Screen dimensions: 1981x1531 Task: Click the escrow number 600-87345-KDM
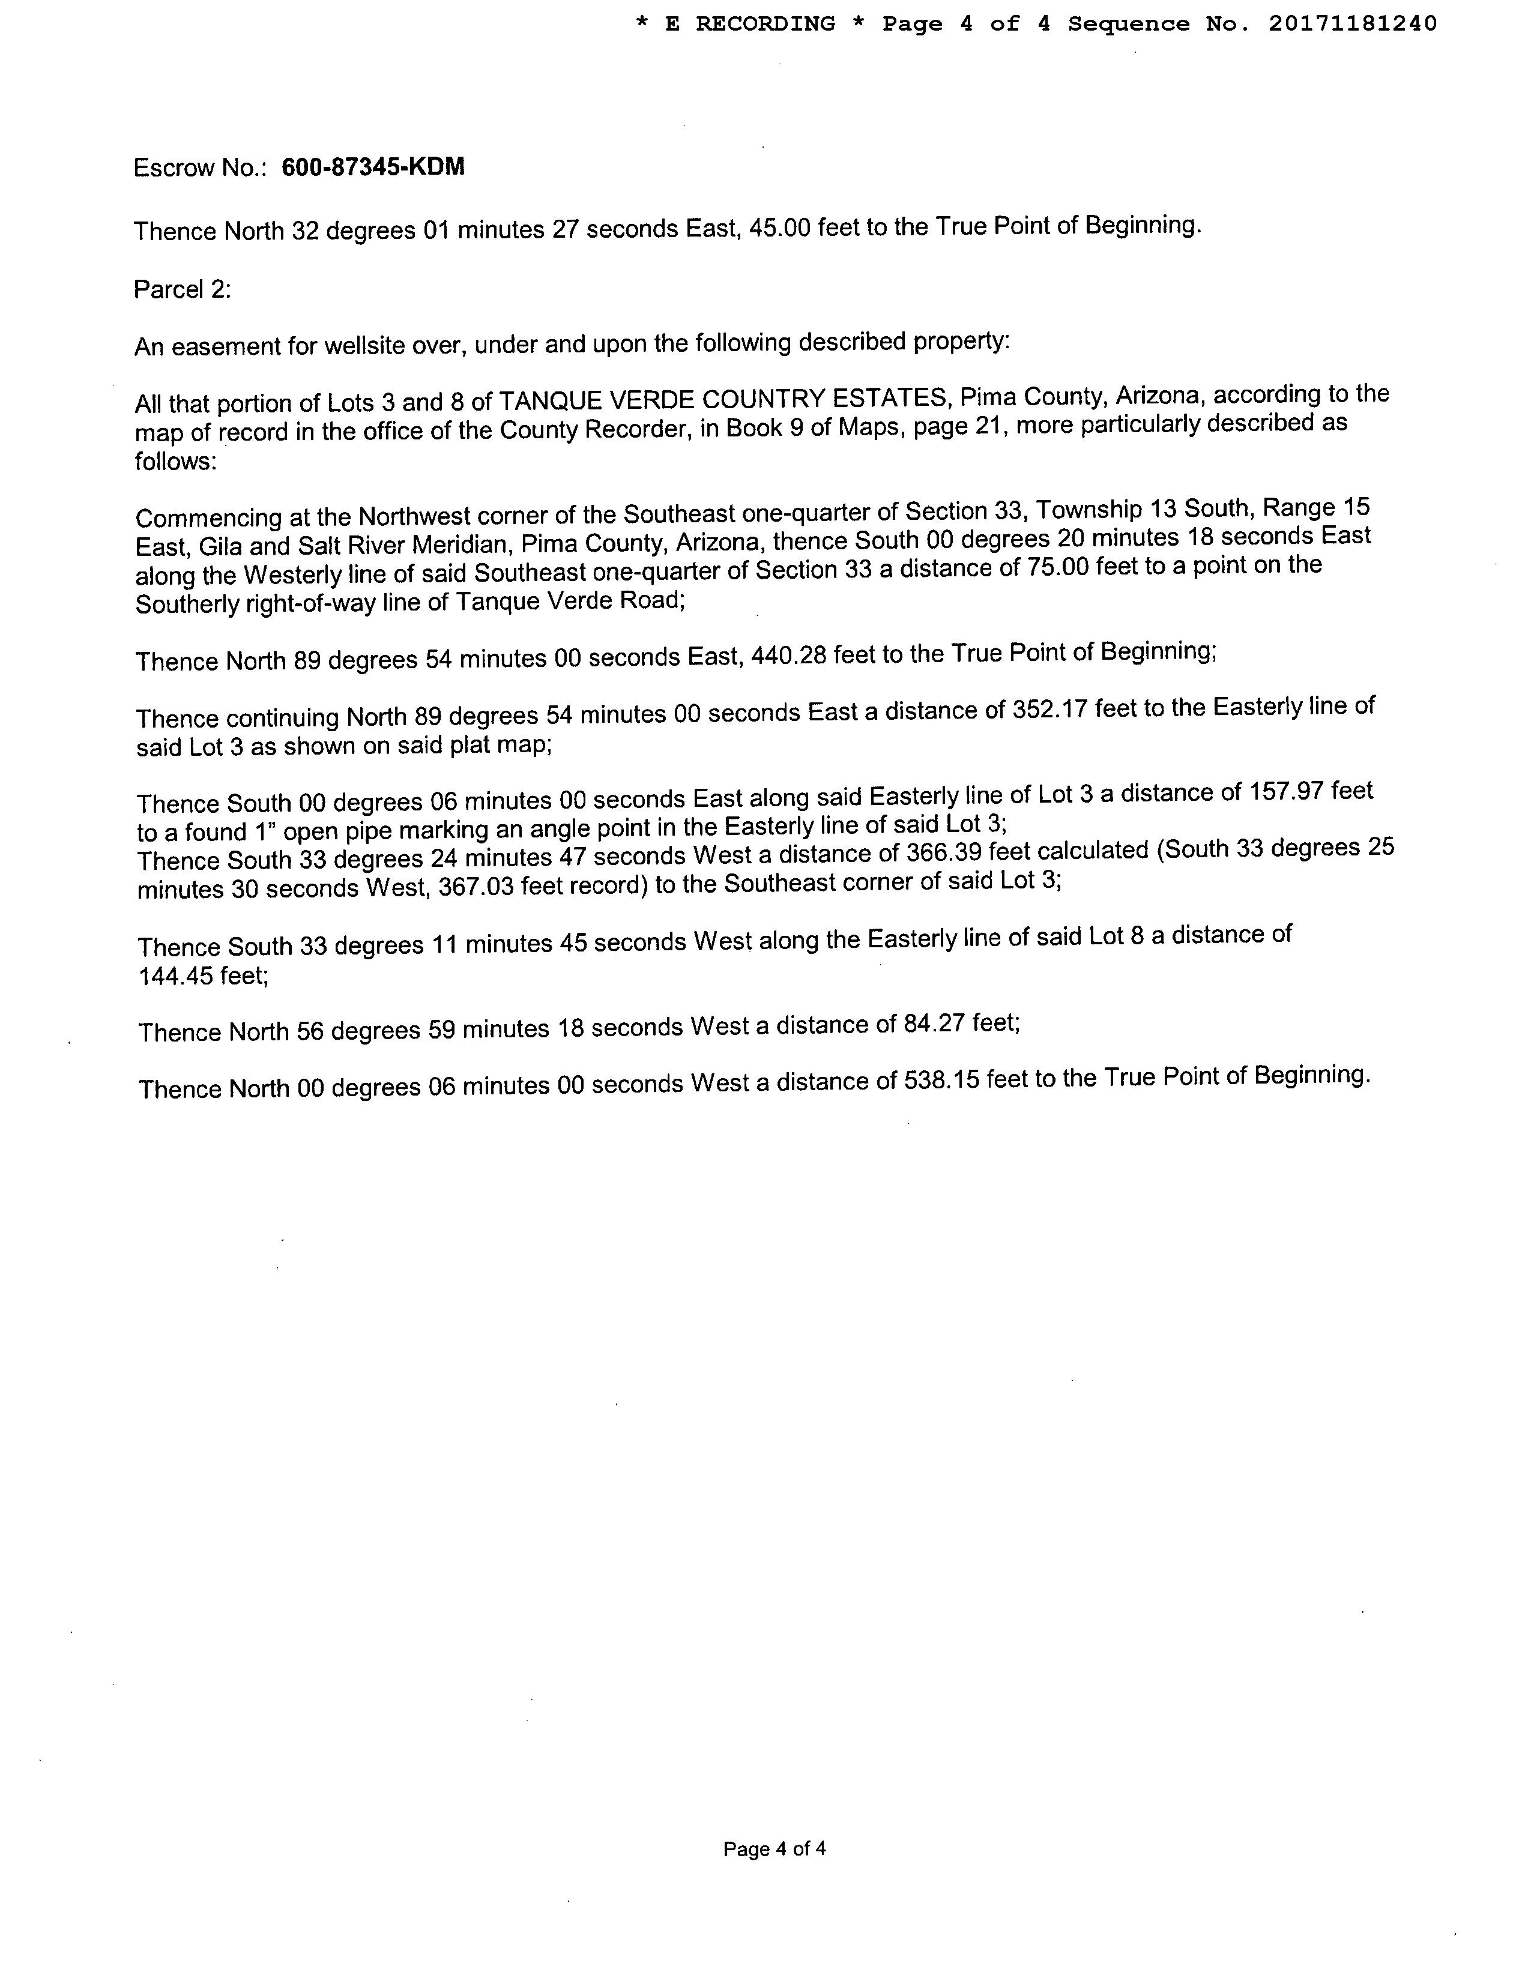coord(373,167)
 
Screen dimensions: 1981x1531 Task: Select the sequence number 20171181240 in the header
coord(1352,23)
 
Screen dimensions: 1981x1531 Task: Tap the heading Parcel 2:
coord(183,289)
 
